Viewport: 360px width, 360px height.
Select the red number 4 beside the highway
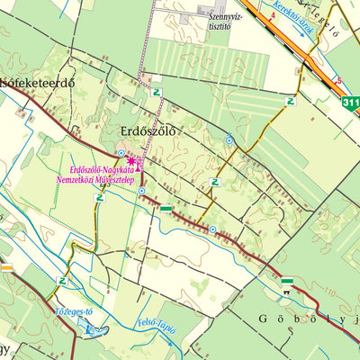click(272, 15)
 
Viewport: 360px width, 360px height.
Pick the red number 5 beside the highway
click(338, 79)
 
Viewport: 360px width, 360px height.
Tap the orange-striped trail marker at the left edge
click(5, 266)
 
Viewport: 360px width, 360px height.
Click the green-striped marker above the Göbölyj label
click(287, 282)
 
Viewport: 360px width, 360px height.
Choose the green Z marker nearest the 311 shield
click(290, 102)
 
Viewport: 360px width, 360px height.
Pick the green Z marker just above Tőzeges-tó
click(61, 281)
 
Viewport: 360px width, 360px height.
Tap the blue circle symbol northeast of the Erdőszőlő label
click(229, 140)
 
